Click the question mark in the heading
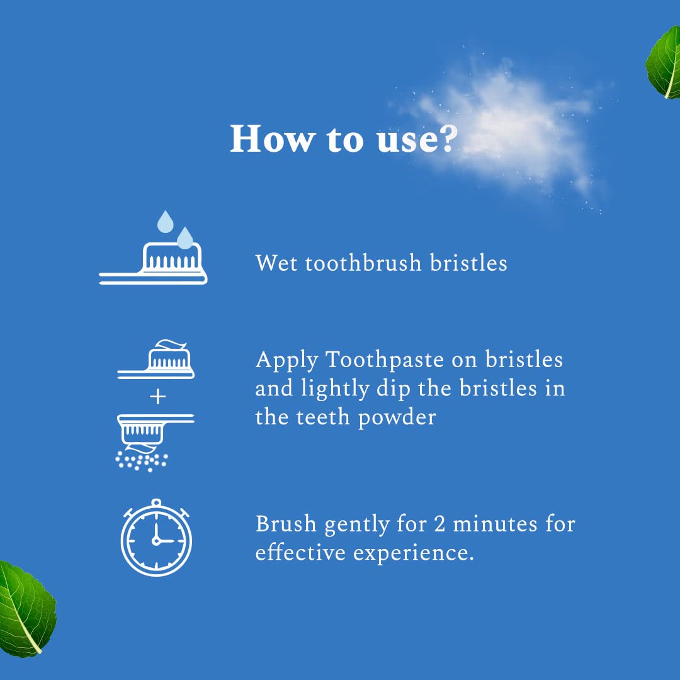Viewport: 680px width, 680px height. tap(445, 139)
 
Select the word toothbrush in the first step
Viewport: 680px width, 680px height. tap(363, 263)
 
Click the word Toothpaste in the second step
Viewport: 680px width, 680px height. tap(385, 360)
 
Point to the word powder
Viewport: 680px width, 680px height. tap(397, 417)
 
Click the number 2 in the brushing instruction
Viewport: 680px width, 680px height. tap(439, 523)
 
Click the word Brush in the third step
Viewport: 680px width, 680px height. tap(286, 523)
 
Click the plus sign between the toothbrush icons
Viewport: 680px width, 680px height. tap(157, 397)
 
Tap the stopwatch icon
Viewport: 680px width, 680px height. tap(156, 538)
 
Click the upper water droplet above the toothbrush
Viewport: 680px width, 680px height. tap(165, 222)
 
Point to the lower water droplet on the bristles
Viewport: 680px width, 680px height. tap(185, 238)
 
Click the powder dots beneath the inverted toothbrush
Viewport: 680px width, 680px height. tap(142, 462)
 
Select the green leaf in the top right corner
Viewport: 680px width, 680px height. tap(664, 63)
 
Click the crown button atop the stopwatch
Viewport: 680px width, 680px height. tap(156, 503)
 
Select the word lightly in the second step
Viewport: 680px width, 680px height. tap(335, 389)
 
